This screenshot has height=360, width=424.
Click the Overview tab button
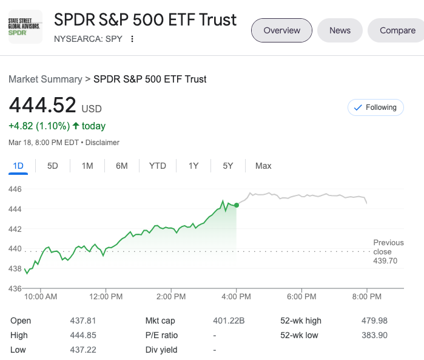(281, 30)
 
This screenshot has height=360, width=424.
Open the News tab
(340, 30)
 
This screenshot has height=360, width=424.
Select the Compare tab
(397, 30)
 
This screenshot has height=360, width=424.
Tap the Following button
(375, 107)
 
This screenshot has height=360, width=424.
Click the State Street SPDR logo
(25, 27)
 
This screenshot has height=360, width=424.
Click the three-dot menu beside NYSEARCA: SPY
(132, 39)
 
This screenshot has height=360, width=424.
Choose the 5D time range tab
(53, 166)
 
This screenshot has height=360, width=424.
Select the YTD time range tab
(158, 166)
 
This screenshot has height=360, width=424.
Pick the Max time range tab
(263, 166)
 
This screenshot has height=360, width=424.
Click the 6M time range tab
(122, 166)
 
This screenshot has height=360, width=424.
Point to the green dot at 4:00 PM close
(236, 205)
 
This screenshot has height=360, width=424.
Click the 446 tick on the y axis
(15, 189)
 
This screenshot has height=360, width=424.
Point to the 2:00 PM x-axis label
(171, 297)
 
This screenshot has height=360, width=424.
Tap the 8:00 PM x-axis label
(367, 297)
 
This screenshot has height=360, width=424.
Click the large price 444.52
(42, 105)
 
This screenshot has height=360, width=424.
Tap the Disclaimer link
(103, 143)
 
